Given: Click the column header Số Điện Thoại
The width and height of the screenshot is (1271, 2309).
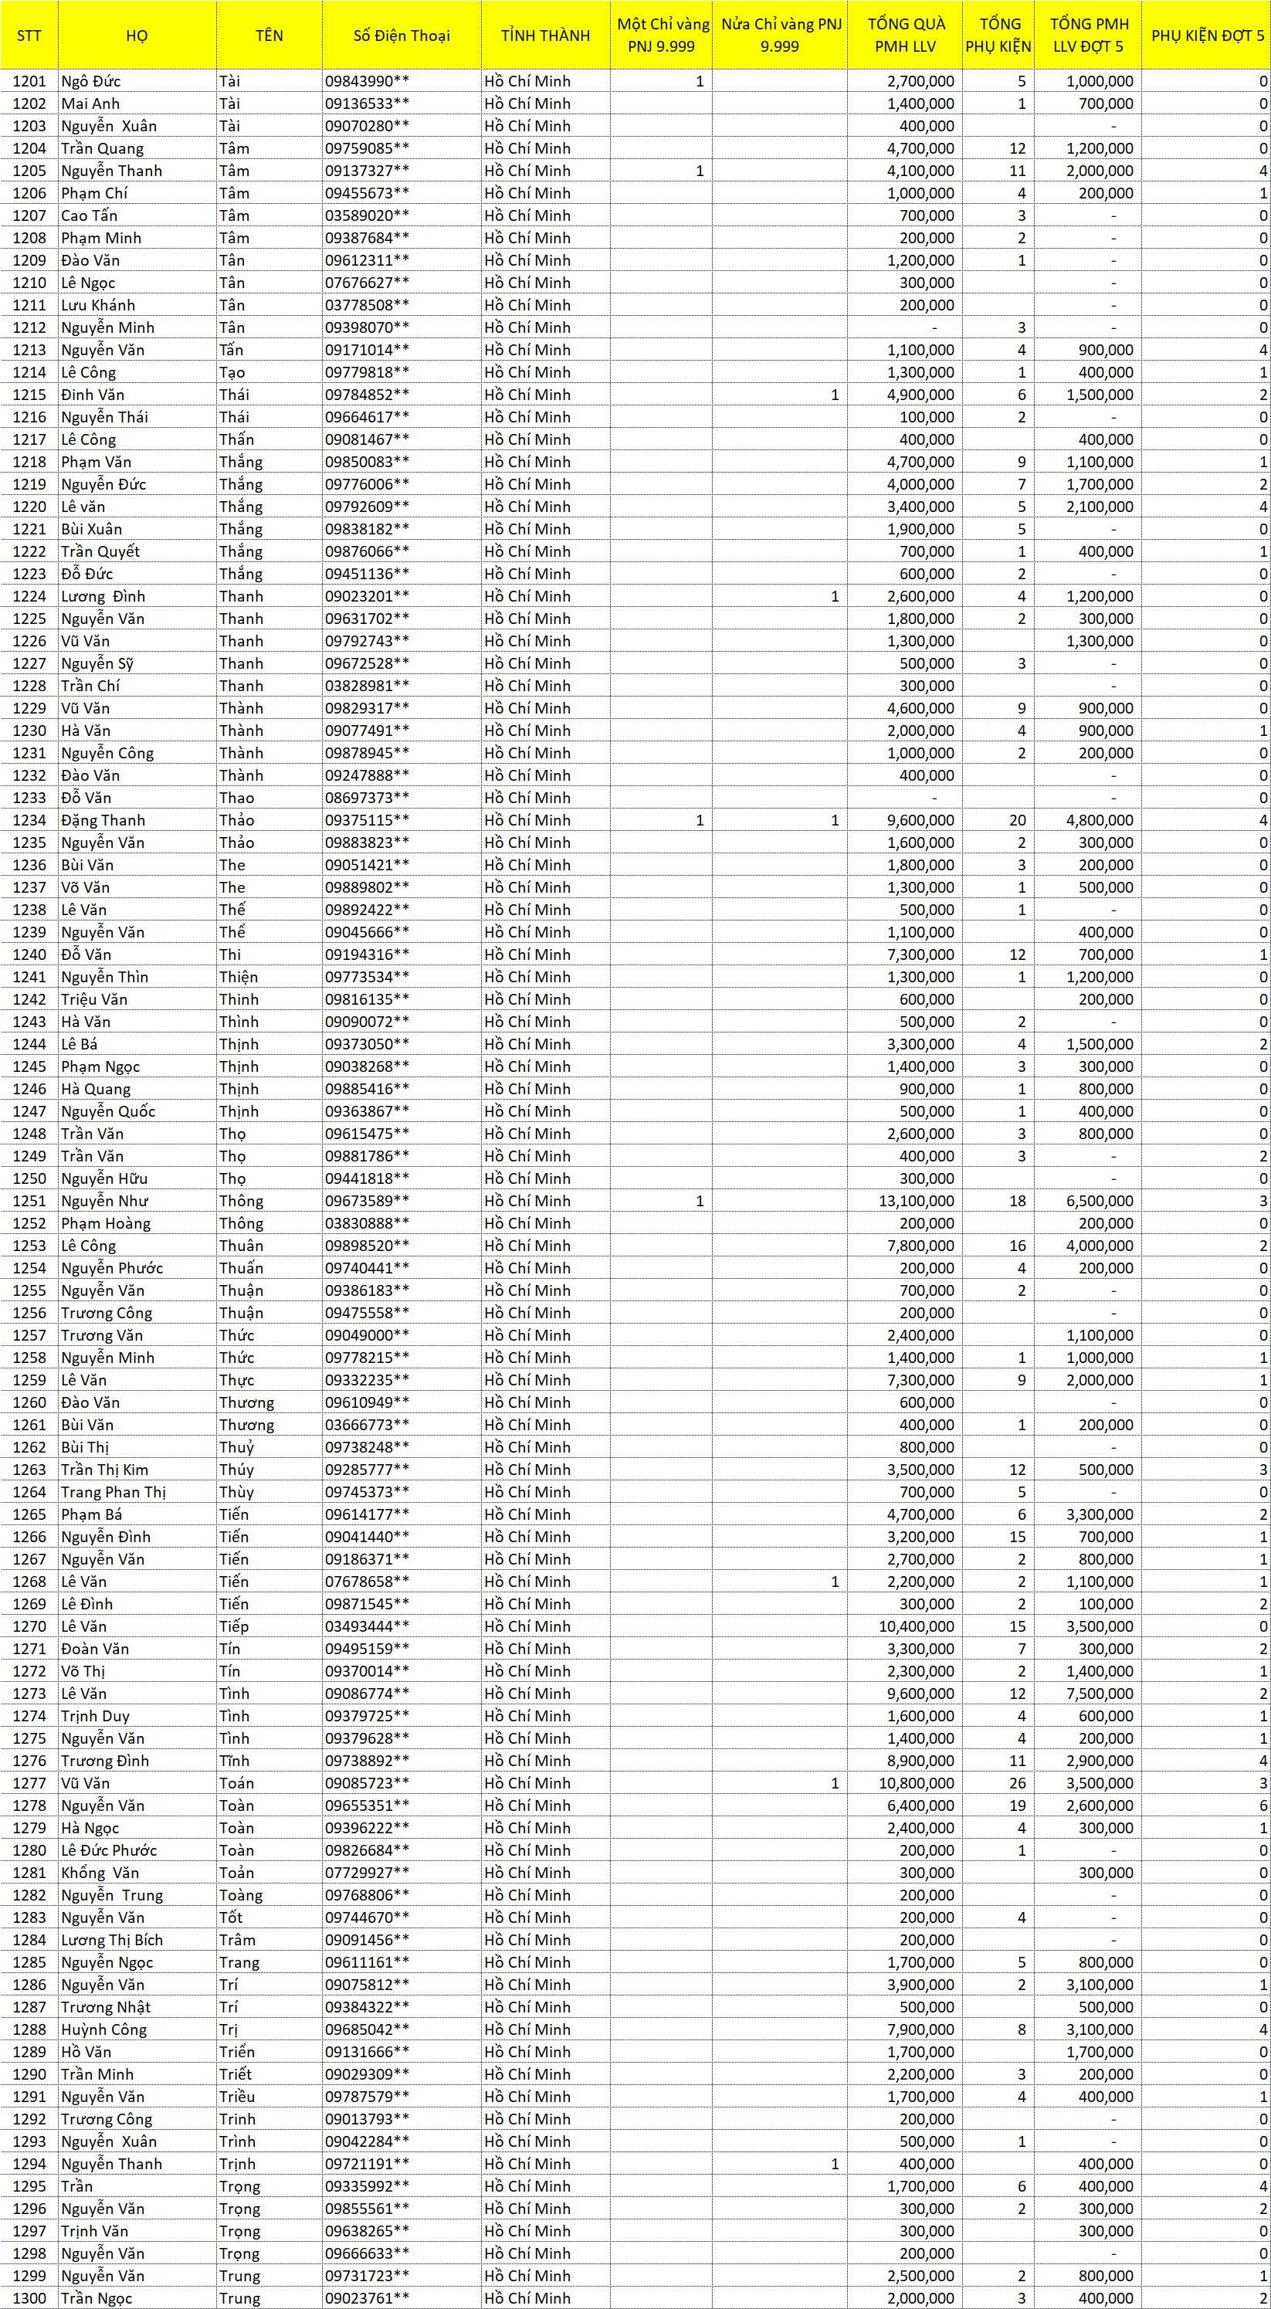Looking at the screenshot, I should click(x=401, y=36).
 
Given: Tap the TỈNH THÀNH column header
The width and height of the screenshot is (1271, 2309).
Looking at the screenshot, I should click(x=545, y=36).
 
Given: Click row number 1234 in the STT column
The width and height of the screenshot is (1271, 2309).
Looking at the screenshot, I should click(x=29, y=820).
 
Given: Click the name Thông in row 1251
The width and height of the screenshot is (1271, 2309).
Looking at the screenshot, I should click(x=241, y=1201).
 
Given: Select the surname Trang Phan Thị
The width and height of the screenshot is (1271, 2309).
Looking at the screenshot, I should click(x=114, y=1493).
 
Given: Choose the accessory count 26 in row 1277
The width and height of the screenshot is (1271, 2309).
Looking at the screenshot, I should click(x=1016, y=1783).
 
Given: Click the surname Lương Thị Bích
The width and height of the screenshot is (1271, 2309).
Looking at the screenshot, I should click(x=112, y=1940).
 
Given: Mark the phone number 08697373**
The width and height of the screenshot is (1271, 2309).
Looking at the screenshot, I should click(x=367, y=798).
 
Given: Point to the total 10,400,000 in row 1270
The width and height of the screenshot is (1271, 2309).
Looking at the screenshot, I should click(x=916, y=1626).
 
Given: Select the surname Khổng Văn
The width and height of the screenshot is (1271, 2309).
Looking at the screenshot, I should click(x=100, y=1873).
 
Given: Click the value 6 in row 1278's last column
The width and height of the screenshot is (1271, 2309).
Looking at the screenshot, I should click(x=1263, y=1805).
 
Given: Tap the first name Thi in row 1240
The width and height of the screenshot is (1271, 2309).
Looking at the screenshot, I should click(x=230, y=954).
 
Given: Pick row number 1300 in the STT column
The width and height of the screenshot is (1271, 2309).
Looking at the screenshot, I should click(x=29, y=2298).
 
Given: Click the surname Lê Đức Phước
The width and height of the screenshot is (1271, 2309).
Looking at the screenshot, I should click(x=108, y=1850).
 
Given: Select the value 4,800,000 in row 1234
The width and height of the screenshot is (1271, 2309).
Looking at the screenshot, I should click(x=1099, y=820).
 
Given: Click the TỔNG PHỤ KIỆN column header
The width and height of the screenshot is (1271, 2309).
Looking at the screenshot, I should click(x=998, y=36).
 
